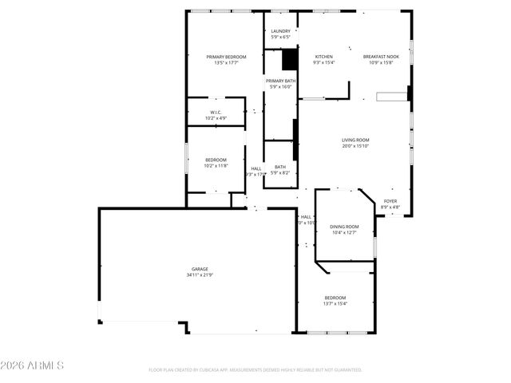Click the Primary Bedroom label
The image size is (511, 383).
point(226,57)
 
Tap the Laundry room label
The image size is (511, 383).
point(280,31)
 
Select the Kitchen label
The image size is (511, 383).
point(323,57)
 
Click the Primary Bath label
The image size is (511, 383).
point(280,81)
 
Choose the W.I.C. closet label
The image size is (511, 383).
point(216,113)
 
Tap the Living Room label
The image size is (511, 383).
point(355,140)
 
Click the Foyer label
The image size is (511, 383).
point(390,201)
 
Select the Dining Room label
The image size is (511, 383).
point(344,227)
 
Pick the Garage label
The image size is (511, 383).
point(200,269)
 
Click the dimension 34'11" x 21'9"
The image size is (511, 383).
point(200,275)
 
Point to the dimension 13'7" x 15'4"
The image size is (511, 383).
point(335,303)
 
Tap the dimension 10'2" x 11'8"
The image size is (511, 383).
point(216,166)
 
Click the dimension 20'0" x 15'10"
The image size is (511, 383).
point(355,146)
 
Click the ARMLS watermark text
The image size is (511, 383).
point(32,365)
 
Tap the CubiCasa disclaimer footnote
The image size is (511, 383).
point(255,370)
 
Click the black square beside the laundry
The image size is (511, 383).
point(290,60)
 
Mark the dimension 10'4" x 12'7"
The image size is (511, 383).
point(344,233)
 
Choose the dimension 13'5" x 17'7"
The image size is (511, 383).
point(226,63)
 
